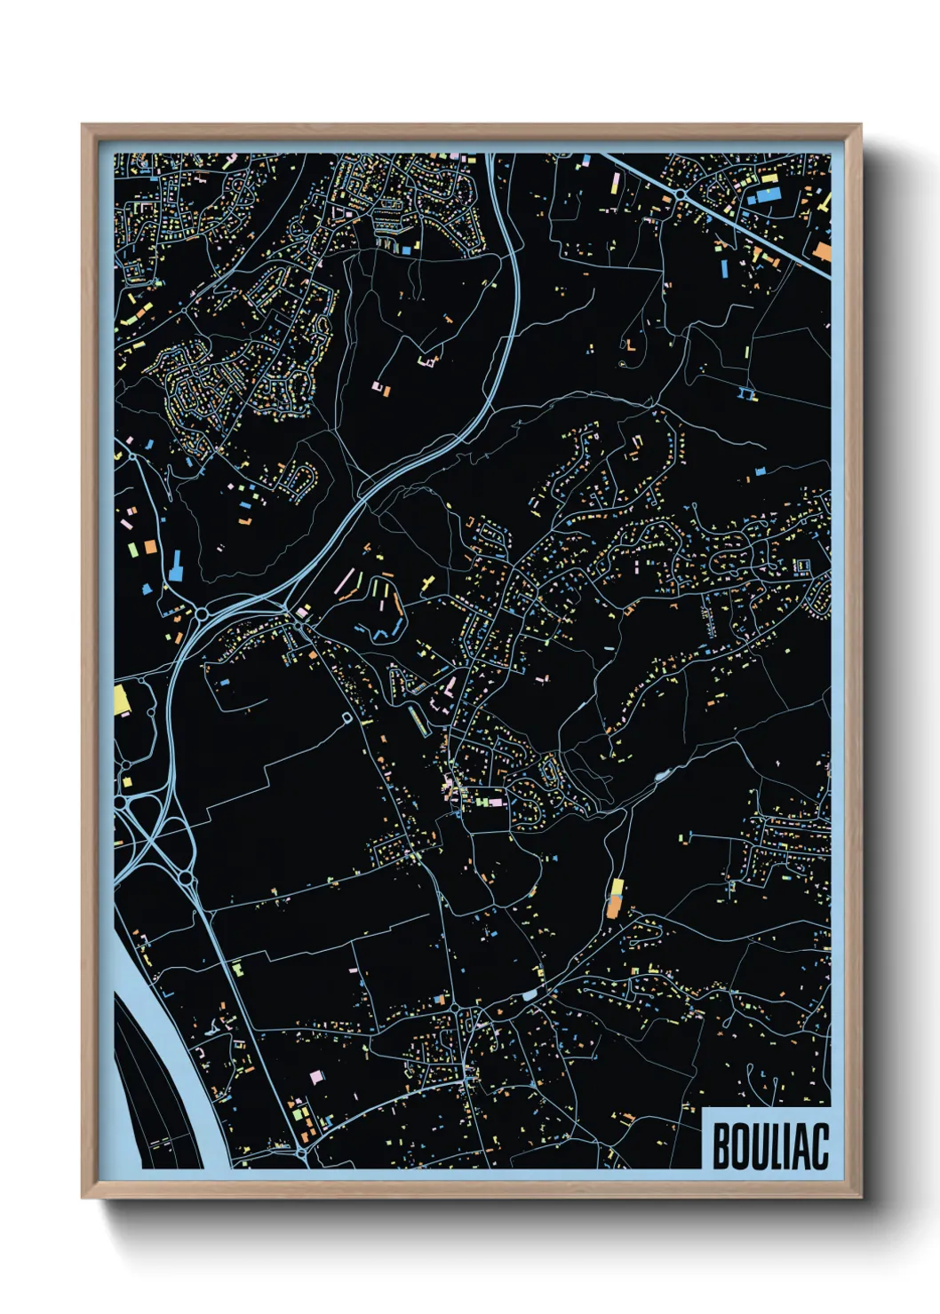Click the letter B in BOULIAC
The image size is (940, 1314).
(x=721, y=1146)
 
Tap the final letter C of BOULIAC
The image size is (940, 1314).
(x=818, y=1146)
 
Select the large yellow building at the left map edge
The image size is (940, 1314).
(x=122, y=699)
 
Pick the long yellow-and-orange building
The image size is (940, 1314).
(x=615, y=898)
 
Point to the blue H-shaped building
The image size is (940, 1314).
(x=747, y=392)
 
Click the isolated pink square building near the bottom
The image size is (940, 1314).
(x=315, y=1077)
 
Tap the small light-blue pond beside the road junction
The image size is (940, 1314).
(x=530, y=995)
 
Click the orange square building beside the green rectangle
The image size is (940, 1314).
(x=149, y=546)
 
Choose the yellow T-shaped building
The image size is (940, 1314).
(x=429, y=582)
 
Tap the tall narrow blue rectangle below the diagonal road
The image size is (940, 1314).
(x=724, y=265)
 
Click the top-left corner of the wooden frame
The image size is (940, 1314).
(x=84, y=126)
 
